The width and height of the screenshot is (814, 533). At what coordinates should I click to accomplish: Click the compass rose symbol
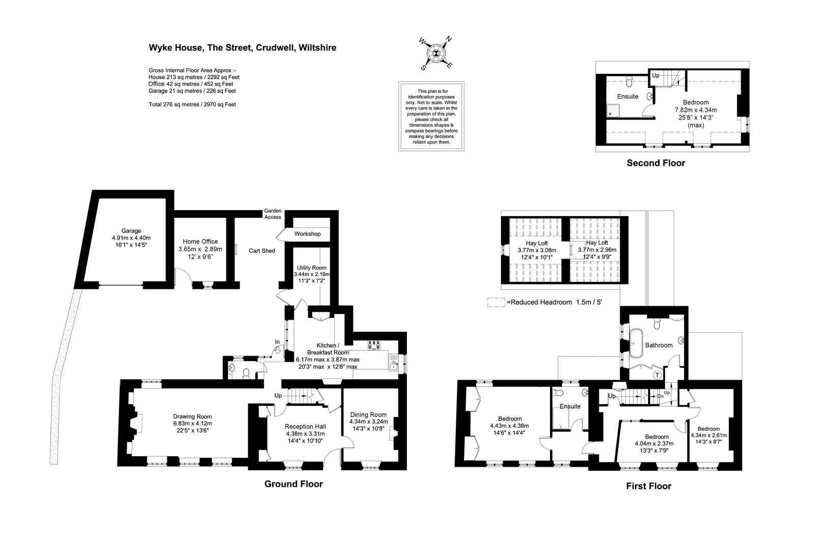point(436,53)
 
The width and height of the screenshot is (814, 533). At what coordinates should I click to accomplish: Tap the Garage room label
point(131,231)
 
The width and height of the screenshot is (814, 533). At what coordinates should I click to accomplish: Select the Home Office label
point(200,241)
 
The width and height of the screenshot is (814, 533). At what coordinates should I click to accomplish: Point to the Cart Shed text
point(261,251)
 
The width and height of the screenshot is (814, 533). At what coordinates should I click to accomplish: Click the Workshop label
point(307,234)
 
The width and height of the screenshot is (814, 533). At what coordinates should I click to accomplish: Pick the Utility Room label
point(311,268)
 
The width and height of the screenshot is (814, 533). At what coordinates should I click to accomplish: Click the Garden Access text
point(273,214)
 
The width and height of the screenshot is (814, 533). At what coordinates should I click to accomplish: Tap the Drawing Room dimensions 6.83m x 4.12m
point(193,424)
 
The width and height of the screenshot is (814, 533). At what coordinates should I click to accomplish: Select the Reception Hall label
point(305,427)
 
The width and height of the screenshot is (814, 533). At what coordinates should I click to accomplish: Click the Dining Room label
point(368,414)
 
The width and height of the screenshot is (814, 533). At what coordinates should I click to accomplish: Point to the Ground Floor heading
point(294,484)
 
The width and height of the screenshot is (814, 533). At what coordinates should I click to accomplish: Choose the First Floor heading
point(649,486)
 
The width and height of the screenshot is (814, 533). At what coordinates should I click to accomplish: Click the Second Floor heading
point(656,163)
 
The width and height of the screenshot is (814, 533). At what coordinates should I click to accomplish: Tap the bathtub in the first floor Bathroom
point(636,343)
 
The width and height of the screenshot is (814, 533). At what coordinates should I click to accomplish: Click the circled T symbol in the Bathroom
point(657,375)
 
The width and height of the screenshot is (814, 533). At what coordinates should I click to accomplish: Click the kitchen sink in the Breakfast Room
point(394,362)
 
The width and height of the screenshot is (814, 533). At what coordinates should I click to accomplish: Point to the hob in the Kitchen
point(374,345)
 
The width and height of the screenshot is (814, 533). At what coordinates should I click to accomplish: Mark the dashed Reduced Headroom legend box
point(496,303)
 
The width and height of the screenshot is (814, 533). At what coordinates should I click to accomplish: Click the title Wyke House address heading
point(242,48)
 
